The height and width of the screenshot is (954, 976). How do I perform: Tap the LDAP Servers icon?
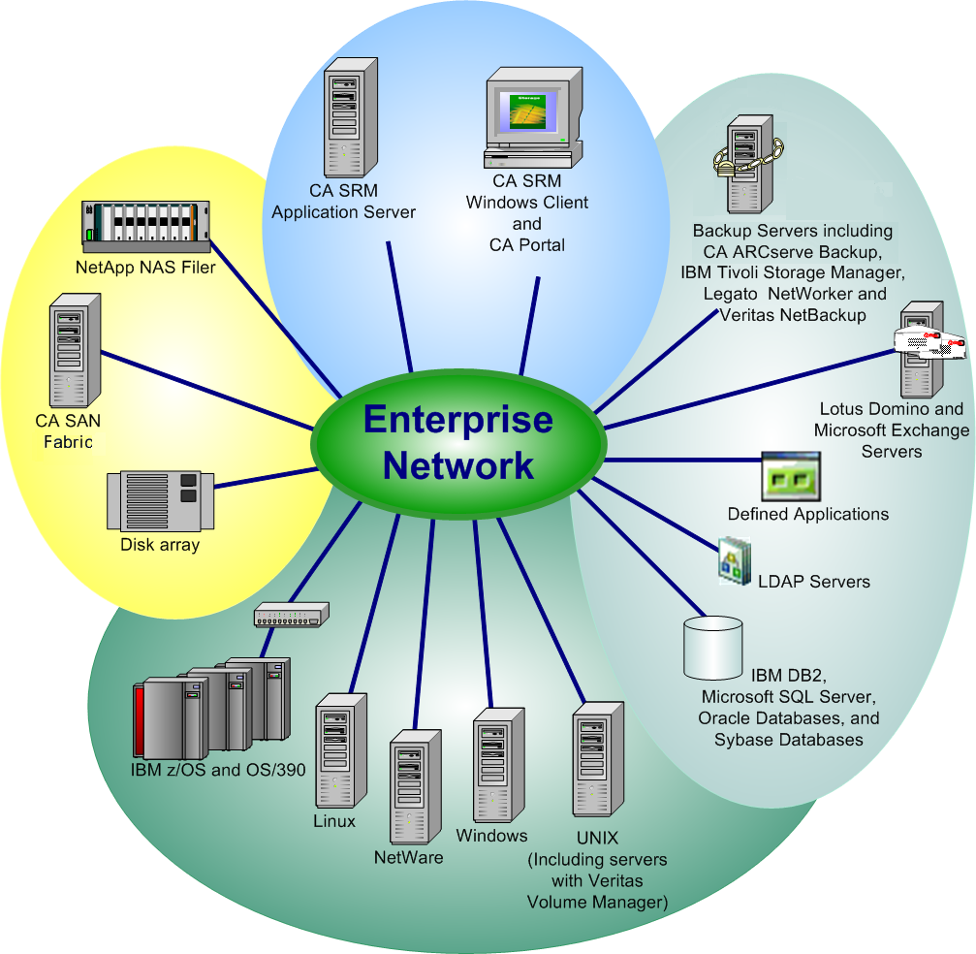pos(735,562)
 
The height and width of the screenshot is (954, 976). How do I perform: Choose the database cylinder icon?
pos(712,647)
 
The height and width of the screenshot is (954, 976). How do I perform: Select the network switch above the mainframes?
pos(291,615)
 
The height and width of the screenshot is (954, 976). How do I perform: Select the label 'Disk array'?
pos(160,545)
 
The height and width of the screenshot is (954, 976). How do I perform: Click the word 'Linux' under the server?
pos(334,821)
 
